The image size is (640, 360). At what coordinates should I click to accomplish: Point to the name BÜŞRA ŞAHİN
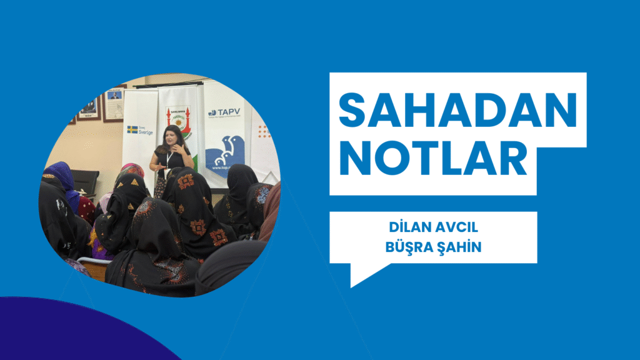click(x=433, y=247)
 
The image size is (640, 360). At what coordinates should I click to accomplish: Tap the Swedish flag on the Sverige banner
click(x=132, y=129)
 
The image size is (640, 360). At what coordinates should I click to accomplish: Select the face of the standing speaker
click(x=171, y=135)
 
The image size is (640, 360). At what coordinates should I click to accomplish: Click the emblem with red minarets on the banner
click(x=178, y=119)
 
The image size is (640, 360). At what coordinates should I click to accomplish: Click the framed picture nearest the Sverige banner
click(x=114, y=104)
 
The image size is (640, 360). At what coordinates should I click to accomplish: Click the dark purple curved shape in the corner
click(x=75, y=331)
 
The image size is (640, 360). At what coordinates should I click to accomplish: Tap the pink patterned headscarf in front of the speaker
click(x=132, y=169)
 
